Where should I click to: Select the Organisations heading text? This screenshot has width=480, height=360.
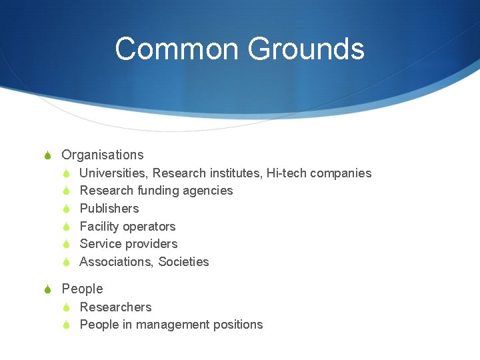coord(102,155)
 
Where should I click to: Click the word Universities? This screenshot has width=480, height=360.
coord(113,173)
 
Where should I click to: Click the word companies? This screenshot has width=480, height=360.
coord(339,173)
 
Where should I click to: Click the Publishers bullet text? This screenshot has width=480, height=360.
coord(109,209)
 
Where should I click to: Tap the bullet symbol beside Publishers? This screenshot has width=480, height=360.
coord(67,209)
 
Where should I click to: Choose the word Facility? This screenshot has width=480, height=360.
coord(99,227)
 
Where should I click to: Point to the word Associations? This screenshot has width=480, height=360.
coord(116,262)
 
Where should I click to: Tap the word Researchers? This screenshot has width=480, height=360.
coord(115,307)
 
